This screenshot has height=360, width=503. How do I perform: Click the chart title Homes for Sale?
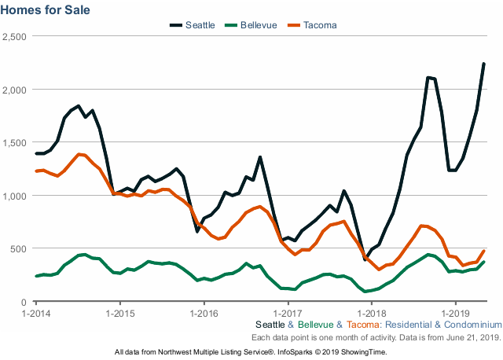[x=46, y=10]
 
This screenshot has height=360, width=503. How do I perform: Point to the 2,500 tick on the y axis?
[x=15, y=37]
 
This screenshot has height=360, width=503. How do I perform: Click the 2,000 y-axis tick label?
[x=15, y=90]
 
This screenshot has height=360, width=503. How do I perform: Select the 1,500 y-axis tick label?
[x=15, y=143]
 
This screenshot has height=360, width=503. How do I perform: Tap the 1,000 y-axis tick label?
[x=15, y=196]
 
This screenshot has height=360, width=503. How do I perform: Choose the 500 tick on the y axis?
[x=20, y=249]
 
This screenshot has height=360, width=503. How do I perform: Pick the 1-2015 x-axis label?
[x=119, y=313]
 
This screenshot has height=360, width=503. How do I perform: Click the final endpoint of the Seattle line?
[x=484, y=64]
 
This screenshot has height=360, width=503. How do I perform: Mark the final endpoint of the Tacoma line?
[x=484, y=251]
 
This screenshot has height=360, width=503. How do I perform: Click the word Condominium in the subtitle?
[x=472, y=324]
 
